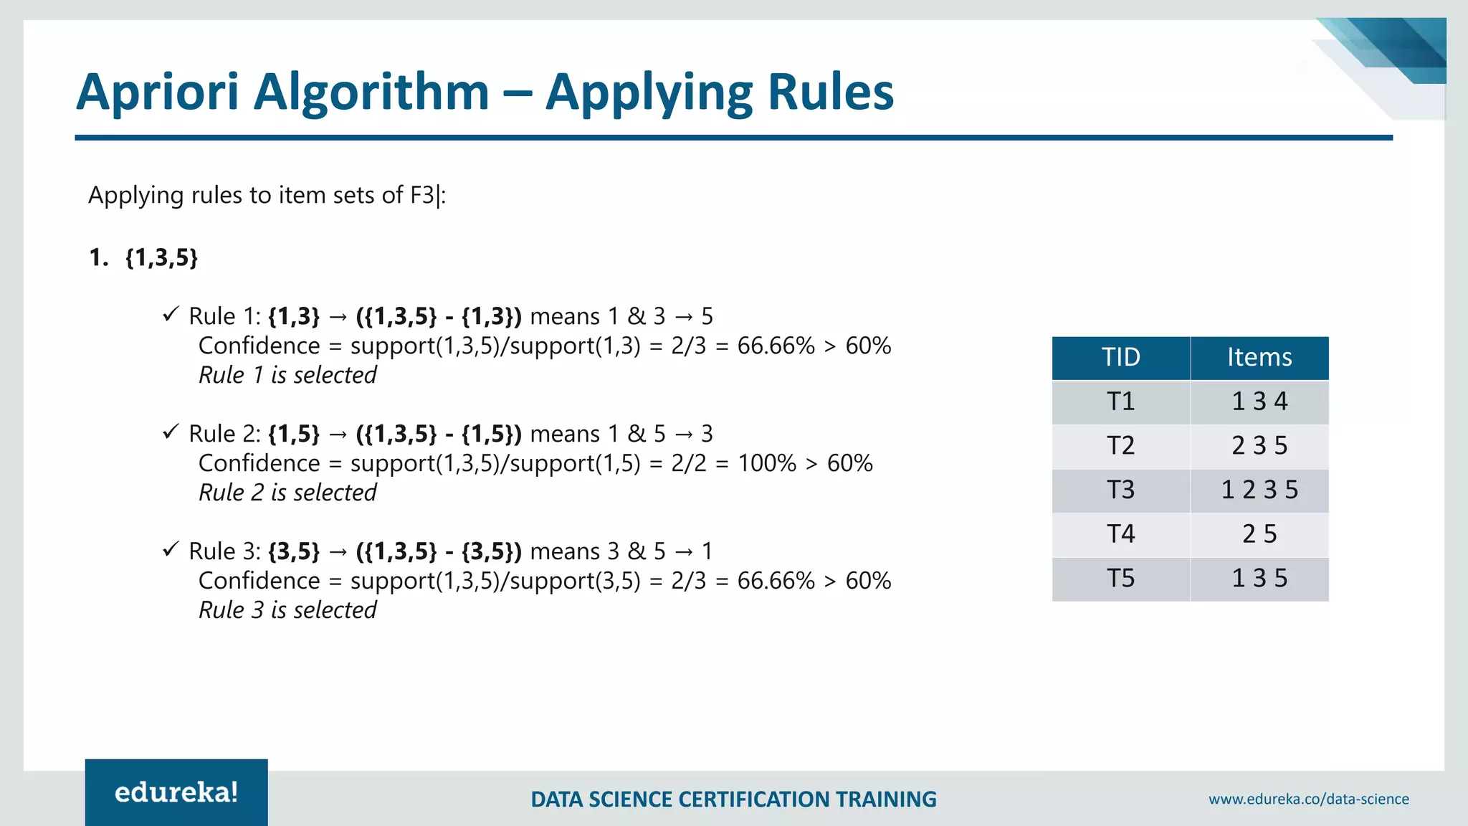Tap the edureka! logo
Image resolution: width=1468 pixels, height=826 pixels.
[x=176, y=792]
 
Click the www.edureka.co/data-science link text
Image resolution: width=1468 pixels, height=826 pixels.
[x=1308, y=799]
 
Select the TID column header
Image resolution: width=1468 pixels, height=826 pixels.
[x=1120, y=357]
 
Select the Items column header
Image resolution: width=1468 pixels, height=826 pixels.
[x=1259, y=357]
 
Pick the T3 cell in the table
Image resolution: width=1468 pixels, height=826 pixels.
[x=1120, y=490]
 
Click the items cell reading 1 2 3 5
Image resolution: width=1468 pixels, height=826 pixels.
[x=1259, y=490]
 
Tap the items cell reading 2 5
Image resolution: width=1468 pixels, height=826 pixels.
[x=1259, y=534]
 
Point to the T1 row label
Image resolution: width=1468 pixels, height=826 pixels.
[x=1120, y=402]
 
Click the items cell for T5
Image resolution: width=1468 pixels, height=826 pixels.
[x=1259, y=579]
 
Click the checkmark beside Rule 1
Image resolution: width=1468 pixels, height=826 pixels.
[x=170, y=314]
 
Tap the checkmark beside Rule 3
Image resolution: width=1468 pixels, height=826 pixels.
[x=170, y=549]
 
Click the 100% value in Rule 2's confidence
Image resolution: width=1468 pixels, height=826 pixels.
[x=767, y=463]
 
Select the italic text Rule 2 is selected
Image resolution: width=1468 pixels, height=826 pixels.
[x=287, y=493]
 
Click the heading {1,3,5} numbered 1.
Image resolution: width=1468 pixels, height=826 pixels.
[x=161, y=257]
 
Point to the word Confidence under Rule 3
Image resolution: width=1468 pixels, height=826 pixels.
[x=259, y=581]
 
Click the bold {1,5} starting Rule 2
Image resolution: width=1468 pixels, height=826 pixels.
[x=293, y=434]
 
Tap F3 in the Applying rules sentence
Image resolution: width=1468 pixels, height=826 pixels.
[x=422, y=195]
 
